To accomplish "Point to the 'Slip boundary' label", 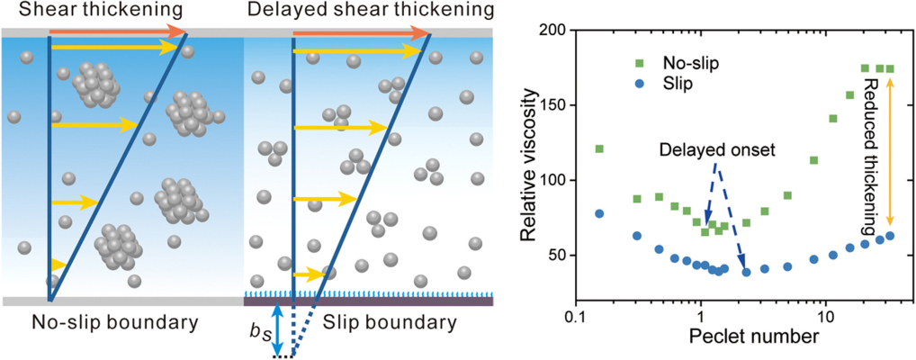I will coord(390,319).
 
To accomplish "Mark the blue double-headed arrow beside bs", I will coord(277,328).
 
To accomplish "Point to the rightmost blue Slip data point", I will coord(890,236).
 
